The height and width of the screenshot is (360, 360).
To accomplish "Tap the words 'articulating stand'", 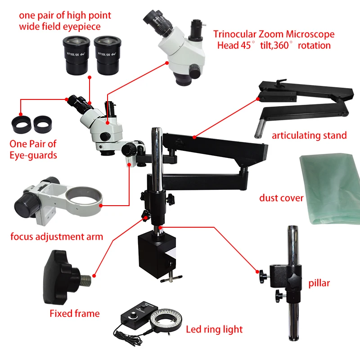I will pyautogui.click(x=309, y=135).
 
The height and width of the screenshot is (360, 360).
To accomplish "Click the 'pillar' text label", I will pyautogui.click(x=319, y=283).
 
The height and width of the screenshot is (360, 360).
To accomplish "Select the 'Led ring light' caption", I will pyautogui.click(x=214, y=329).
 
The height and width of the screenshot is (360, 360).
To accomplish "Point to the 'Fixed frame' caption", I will pyautogui.click(x=74, y=313).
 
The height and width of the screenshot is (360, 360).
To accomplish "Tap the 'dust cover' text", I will pyautogui.click(x=281, y=198).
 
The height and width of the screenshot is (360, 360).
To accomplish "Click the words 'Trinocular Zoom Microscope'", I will pyautogui.click(x=274, y=34).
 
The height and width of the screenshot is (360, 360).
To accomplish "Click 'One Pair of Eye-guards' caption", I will pyautogui.click(x=33, y=149).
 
